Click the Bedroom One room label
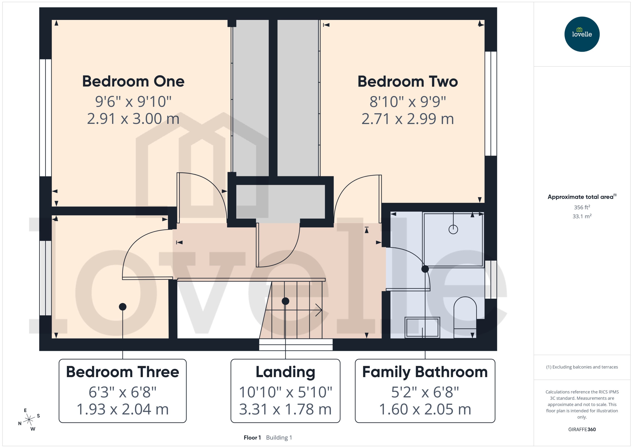[x=133, y=81]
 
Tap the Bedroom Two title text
[x=407, y=82]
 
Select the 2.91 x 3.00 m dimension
[x=133, y=119]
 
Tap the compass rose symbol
[x=29, y=420]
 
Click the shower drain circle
[x=453, y=229]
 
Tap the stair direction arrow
[x=318, y=310]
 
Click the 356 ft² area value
[x=582, y=207]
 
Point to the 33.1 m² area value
[x=582, y=216]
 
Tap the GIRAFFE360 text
[x=582, y=429]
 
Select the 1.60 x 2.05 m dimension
[x=425, y=409]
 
